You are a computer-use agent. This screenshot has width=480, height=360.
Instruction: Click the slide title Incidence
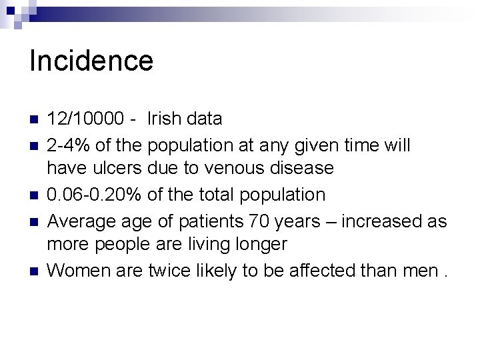click(91, 61)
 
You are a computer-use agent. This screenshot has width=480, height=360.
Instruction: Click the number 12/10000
click(85, 119)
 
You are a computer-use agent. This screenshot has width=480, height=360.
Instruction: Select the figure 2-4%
click(71, 145)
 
